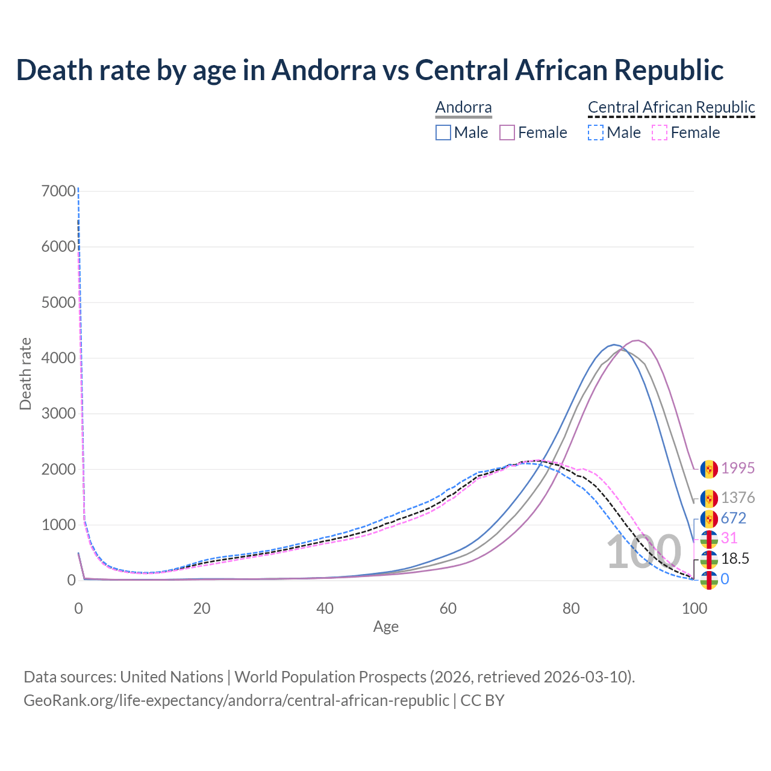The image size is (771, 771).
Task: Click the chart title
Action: pyautogui.click(x=369, y=70)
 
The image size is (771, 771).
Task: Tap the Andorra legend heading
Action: pyautogui.click(x=463, y=107)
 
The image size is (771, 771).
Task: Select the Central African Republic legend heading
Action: pyautogui.click(x=671, y=107)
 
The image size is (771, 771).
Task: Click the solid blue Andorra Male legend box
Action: pyautogui.click(x=443, y=133)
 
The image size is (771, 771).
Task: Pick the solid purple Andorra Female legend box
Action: pyautogui.click(x=507, y=133)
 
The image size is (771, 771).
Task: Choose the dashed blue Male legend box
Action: pyautogui.click(x=595, y=133)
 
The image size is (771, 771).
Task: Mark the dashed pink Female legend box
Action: pyautogui.click(x=660, y=133)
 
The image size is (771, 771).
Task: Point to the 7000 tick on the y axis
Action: pyautogui.click(x=59, y=191)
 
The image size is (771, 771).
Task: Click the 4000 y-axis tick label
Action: pyautogui.click(x=59, y=358)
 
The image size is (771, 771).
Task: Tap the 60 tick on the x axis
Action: pyautogui.click(x=448, y=608)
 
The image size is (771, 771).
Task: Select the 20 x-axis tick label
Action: pyautogui.click(x=202, y=608)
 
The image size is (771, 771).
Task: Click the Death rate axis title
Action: pyautogui.click(x=25, y=373)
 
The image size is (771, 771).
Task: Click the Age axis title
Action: pyautogui.click(x=385, y=627)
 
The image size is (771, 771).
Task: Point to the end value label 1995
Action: pyautogui.click(x=738, y=468)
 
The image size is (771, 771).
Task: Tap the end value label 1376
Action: pyautogui.click(x=738, y=498)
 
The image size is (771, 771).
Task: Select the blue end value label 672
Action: pyautogui.click(x=734, y=518)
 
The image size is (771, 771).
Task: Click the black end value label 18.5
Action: pyautogui.click(x=735, y=559)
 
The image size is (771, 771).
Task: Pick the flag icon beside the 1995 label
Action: pyautogui.click(x=709, y=469)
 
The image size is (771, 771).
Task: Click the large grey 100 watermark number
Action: pyautogui.click(x=643, y=552)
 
